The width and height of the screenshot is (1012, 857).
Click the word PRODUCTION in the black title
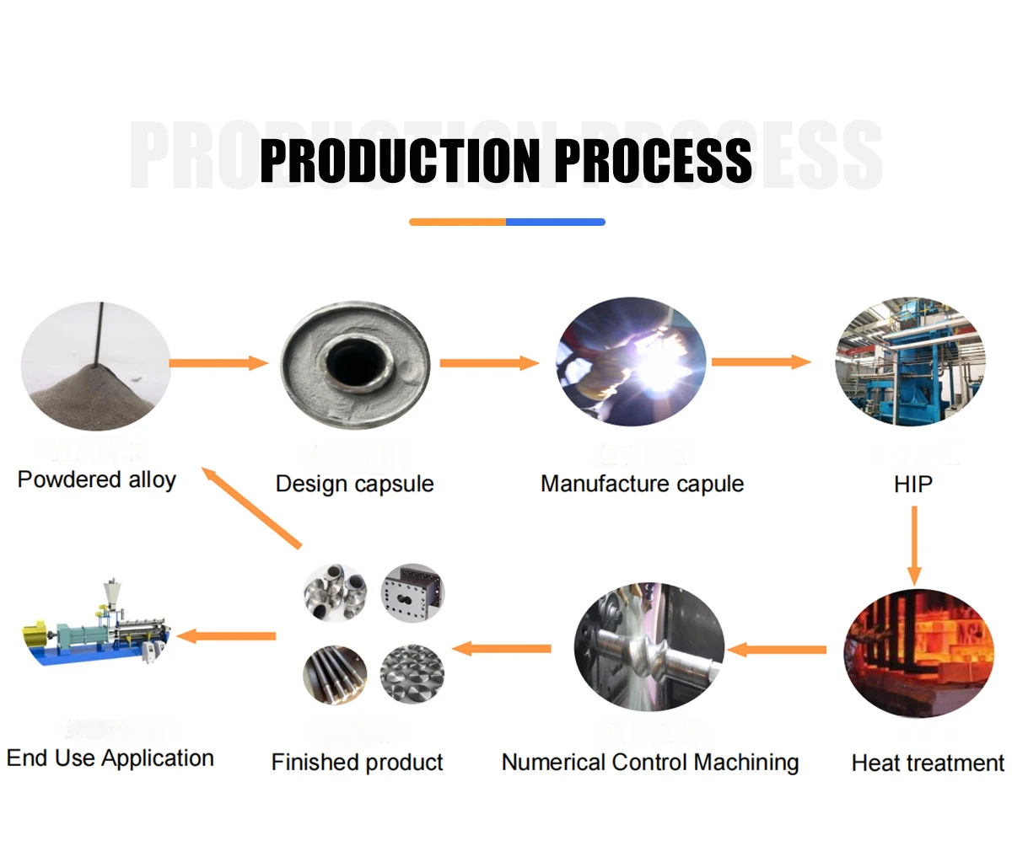point(399,160)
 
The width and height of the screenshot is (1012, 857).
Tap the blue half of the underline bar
point(556,222)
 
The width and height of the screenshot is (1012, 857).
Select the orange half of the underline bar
point(457,222)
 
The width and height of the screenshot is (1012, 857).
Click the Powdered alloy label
point(97,479)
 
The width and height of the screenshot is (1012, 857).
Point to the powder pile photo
point(95,367)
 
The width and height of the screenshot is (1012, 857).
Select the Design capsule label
point(354,484)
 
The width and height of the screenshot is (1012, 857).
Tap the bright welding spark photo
point(632,362)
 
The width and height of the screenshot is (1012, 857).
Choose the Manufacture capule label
point(642,484)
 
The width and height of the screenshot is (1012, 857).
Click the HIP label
point(912,485)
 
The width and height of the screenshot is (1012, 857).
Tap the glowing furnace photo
point(918,653)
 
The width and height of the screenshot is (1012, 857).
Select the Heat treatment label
point(928,763)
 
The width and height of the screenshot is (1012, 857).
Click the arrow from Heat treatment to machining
point(777,650)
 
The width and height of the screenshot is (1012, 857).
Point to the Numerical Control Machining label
point(650,762)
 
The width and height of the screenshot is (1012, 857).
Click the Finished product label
point(357,762)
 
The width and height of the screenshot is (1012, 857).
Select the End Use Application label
point(110,758)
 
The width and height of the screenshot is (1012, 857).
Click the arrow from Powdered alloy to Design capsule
point(218,363)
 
